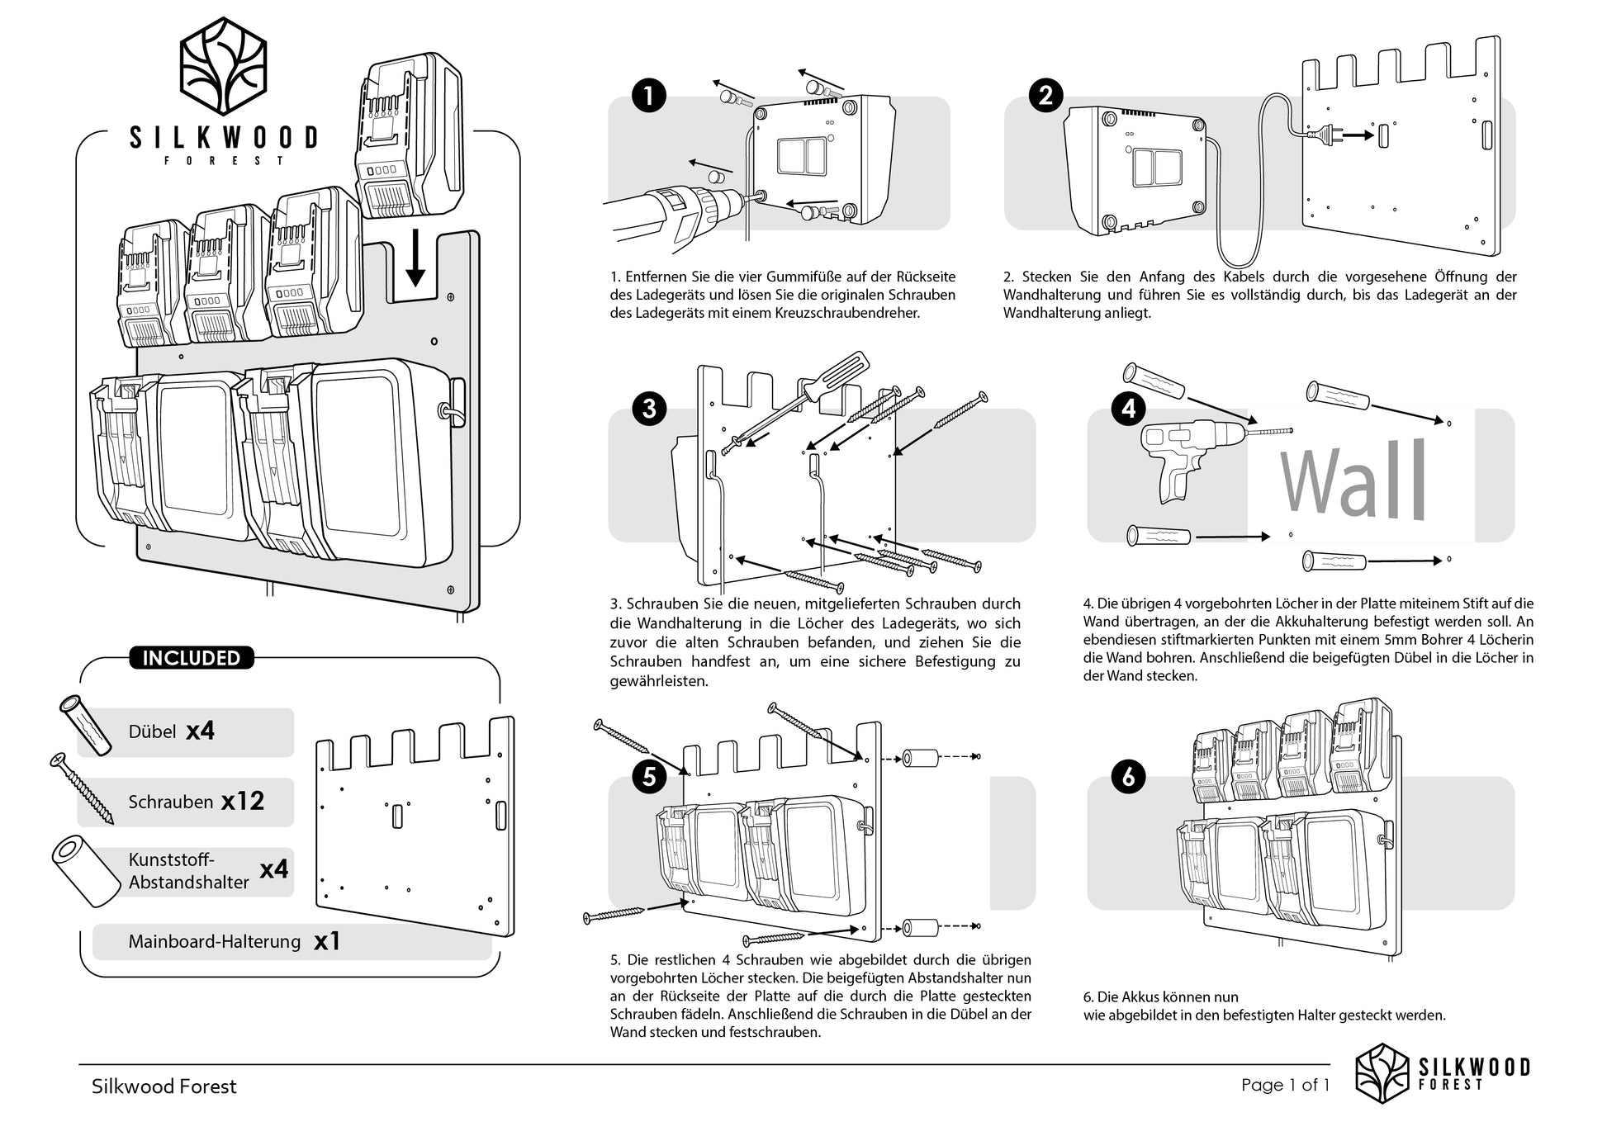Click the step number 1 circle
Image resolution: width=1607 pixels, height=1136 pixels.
click(x=649, y=96)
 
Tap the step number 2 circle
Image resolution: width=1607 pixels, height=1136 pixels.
click(x=1045, y=96)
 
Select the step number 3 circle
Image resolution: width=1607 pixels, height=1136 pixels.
click(x=649, y=409)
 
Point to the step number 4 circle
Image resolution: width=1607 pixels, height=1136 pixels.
click(x=1128, y=409)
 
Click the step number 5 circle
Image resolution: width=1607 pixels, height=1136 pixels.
click(x=649, y=777)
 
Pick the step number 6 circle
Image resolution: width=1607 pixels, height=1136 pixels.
click(x=1128, y=777)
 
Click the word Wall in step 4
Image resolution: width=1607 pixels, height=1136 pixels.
click(x=1353, y=480)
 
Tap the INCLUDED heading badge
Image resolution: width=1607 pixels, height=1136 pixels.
click(x=192, y=658)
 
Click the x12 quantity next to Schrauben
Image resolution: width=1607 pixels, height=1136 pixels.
click(x=243, y=801)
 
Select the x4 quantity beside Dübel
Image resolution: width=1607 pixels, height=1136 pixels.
click(x=200, y=731)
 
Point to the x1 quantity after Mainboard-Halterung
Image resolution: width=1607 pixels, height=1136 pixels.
click(x=327, y=941)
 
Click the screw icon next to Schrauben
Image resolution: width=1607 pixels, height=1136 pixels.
click(x=82, y=788)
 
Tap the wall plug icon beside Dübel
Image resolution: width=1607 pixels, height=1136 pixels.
click(x=86, y=725)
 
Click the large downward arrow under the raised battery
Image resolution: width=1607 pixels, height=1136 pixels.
click(x=415, y=258)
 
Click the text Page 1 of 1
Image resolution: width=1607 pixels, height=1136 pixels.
click(x=1285, y=1085)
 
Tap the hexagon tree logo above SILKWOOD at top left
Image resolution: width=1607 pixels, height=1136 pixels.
click(x=224, y=66)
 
